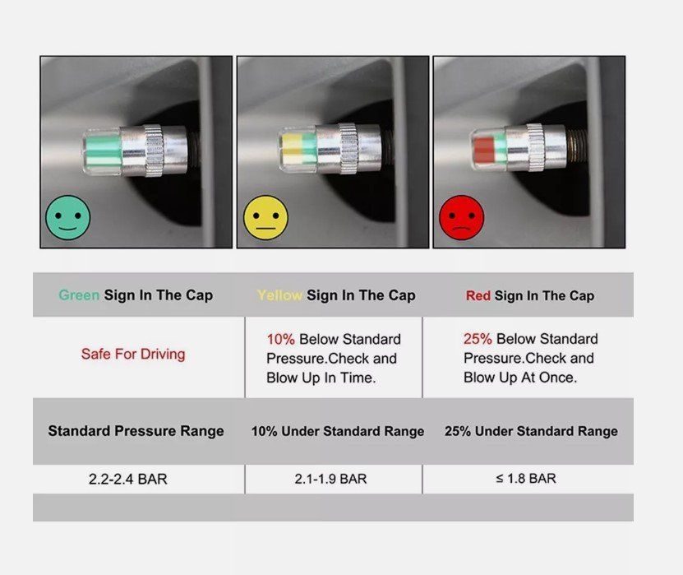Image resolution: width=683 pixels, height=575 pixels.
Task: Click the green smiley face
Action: [68, 217]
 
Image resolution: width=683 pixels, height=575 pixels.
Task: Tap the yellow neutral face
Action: [265, 217]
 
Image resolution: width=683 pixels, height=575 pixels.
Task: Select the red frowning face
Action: [462, 217]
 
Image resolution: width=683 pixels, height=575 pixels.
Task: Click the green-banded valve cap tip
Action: [102, 151]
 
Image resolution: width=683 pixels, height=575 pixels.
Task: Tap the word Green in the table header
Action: [79, 295]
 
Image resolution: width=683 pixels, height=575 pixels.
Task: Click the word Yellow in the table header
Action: [279, 295]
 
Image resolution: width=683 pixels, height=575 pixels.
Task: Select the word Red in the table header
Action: [478, 295]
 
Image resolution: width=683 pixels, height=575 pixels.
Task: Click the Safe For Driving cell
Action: [133, 354]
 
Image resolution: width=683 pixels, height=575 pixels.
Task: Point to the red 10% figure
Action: [281, 339]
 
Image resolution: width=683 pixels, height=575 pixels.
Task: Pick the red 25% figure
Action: [478, 339]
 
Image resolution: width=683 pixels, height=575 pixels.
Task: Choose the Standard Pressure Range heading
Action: [136, 431]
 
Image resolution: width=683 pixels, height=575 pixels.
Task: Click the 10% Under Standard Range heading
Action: [338, 431]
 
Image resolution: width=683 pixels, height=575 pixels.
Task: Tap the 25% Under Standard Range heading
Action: [531, 431]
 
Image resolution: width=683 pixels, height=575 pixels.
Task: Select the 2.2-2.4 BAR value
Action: [128, 479]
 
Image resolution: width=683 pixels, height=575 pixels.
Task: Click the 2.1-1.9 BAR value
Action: [330, 479]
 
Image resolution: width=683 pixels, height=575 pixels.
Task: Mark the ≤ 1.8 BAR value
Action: [526, 478]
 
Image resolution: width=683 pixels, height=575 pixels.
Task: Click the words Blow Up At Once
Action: [520, 377]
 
